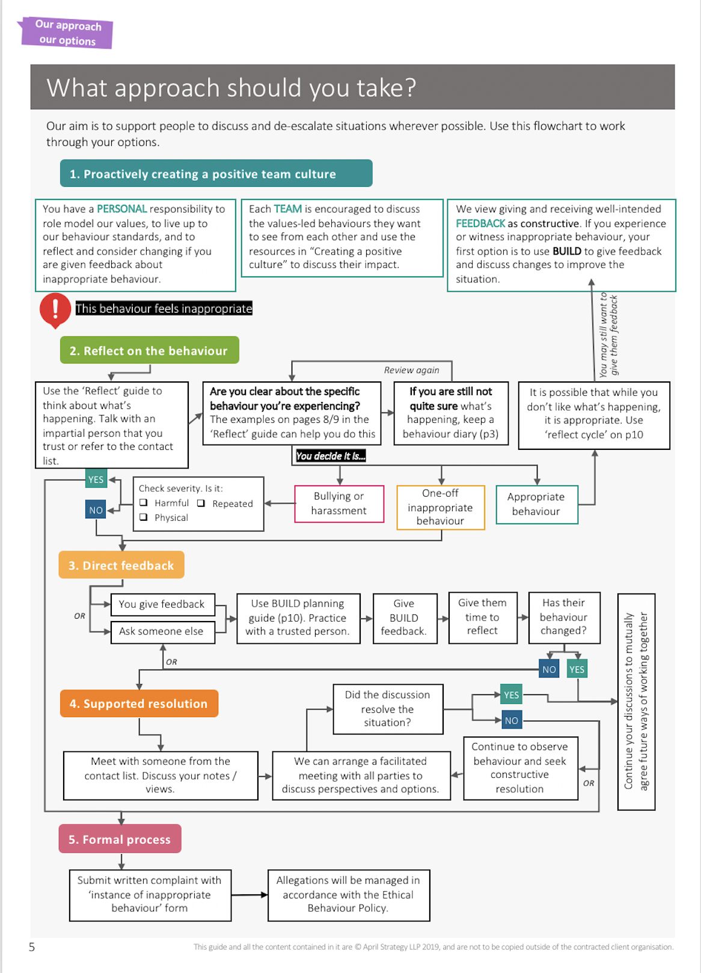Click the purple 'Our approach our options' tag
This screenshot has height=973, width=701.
pyautogui.click(x=67, y=33)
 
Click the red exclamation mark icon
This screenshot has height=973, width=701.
pyautogui.click(x=55, y=309)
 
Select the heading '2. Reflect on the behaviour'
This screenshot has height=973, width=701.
pyautogui.click(x=149, y=351)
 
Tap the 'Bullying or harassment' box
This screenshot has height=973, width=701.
pyautogui.click(x=339, y=504)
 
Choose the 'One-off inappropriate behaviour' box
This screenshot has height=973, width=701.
pyautogui.click(x=441, y=508)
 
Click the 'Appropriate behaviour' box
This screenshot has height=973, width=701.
pyautogui.click(x=536, y=505)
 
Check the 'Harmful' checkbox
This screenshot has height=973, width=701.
pyautogui.click(x=144, y=503)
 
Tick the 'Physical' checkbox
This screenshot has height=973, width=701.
pyautogui.click(x=144, y=517)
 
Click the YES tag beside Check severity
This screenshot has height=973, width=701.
pyautogui.click(x=96, y=479)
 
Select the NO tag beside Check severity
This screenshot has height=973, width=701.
pyautogui.click(x=96, y=510)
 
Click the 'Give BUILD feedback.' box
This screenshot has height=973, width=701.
pyautogui.click(x=404, y=618)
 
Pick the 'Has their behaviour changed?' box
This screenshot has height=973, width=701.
pyautogui.click(x=563, y=617)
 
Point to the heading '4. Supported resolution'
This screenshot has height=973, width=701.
pyautogui.click(x=138, y=704)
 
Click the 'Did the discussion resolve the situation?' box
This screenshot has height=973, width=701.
pyautogui.click(x=388, y=709)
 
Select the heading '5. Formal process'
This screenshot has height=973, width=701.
pyautogui.click(x=120, y=839)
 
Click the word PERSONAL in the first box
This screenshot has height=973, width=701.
pyautogui.click(x=121, y=209)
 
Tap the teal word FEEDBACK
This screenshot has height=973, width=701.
pyautogui.click(x=480, y=223)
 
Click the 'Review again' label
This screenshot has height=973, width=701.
pyautogui.click(x=412, y=370)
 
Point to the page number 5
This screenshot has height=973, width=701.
pyautogui.click(x=32, y=947)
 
